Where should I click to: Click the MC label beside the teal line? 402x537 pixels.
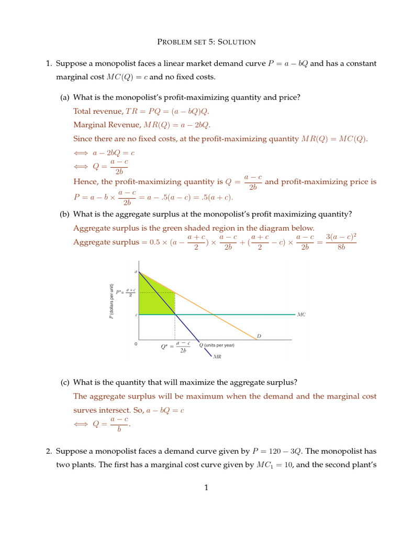point(301,315)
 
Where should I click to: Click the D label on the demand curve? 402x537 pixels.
point(259,336)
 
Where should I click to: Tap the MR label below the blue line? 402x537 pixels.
point(217,357)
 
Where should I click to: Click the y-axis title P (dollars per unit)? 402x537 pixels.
point(111,301)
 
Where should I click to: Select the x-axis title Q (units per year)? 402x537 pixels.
point(217,345)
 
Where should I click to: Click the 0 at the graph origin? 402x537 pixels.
point(136,345)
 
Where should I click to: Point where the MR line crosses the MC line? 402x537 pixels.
point(175,314)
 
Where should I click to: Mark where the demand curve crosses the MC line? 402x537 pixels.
point(214,314)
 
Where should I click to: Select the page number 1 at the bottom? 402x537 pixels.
point(206,488)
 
